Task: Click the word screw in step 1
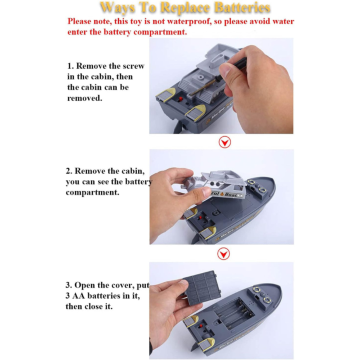[133, 66]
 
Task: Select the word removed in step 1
[85, 98]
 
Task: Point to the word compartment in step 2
[92, 192]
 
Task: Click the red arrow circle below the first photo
[224, 142]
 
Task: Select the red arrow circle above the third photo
[223, 254]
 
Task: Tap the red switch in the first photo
[181, 99]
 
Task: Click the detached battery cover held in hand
[202, 287]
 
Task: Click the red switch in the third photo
[201, 326]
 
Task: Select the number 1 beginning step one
[70, 66]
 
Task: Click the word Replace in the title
[184, 8]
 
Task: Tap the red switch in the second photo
[200, 217]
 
